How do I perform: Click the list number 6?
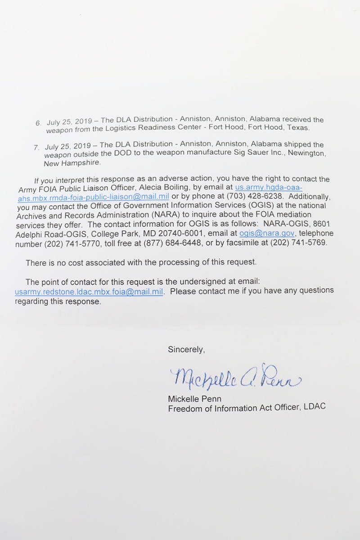(38, 123)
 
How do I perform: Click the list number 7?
(36, 148)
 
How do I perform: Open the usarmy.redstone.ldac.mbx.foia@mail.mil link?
(89, 291)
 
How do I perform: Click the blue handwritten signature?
(234, 379)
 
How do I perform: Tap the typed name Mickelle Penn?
(194, 399)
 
